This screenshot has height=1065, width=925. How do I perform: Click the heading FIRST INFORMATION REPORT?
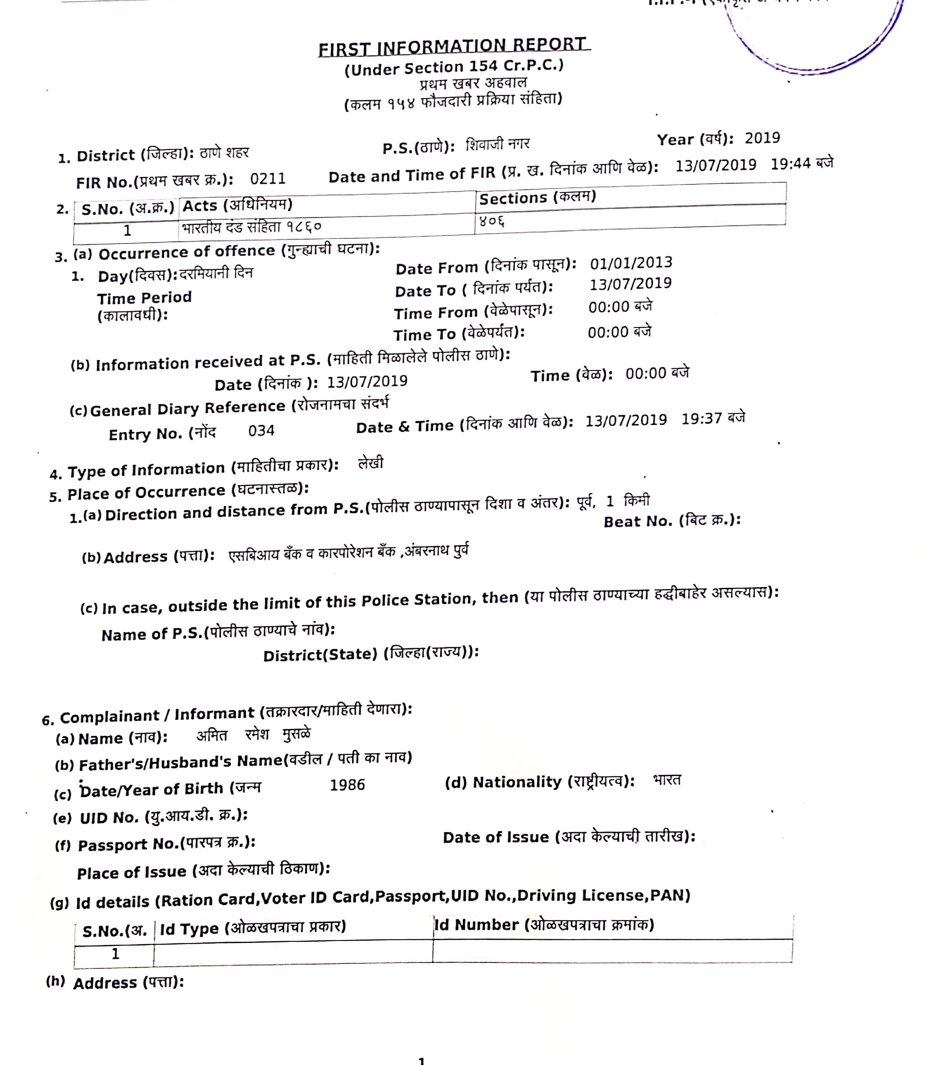[453, 47]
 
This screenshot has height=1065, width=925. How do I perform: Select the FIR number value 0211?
[267, 179]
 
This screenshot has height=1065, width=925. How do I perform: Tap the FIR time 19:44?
[790, 164]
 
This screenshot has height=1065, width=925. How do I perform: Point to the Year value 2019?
[762, 138]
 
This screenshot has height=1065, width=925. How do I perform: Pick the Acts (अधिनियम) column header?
[237, 205]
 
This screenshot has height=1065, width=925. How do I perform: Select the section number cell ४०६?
[492, 221]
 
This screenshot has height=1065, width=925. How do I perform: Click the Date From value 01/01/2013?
[631, 263]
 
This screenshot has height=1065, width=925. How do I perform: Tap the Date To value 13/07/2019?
[630, 284]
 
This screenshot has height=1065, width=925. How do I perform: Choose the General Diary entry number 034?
[261, 431]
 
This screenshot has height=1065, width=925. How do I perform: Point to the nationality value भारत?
[667, 780]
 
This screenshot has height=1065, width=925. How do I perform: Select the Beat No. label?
[672, 521]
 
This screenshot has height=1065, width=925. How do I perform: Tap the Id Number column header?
[544, 924]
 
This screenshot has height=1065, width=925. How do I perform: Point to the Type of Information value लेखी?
[371, 463]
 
